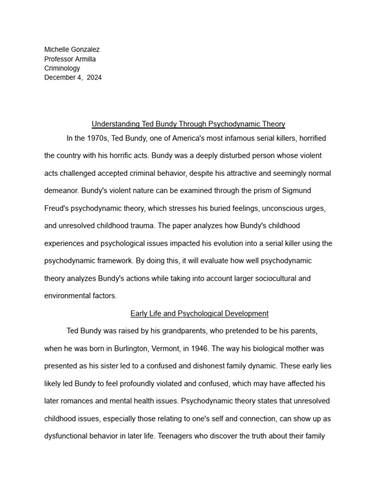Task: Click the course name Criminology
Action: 62,68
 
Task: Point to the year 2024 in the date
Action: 94,78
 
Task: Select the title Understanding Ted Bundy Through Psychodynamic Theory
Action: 188,124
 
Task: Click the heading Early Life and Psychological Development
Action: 199,313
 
